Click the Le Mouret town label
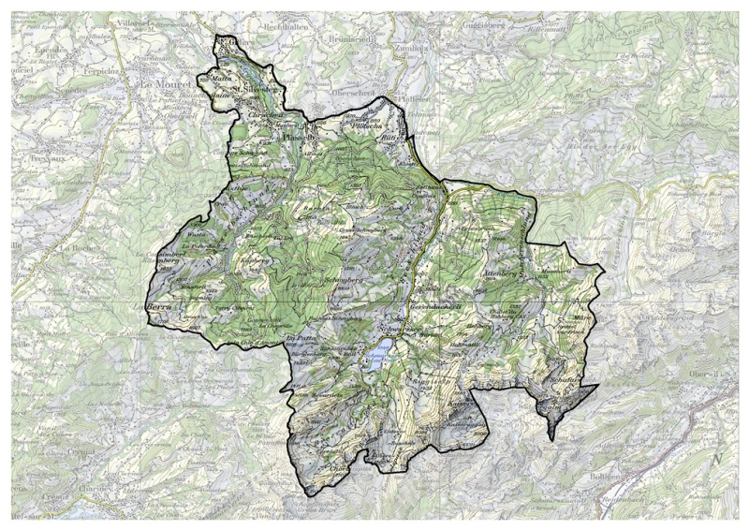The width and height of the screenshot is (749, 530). pyautogui.click(x=164, y=84)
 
